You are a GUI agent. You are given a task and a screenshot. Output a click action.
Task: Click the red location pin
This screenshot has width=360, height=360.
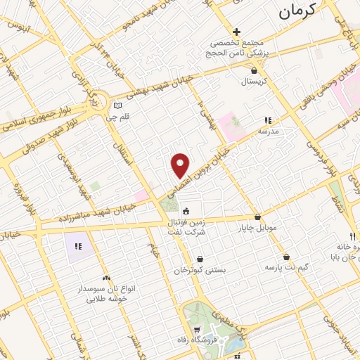181,165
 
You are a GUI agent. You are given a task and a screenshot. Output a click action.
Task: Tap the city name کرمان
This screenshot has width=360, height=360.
304,9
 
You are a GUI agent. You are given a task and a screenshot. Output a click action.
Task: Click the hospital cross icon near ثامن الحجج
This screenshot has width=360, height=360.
237,32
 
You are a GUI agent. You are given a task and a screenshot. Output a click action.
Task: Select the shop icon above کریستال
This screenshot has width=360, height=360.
254,70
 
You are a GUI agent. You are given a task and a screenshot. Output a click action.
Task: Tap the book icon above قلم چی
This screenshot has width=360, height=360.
117,107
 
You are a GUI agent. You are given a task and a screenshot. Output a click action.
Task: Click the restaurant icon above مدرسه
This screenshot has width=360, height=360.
268,120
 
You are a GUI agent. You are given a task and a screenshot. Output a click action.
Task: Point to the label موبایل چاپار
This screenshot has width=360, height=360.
262,228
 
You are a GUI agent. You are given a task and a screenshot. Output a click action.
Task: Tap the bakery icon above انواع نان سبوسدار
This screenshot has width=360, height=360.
106,278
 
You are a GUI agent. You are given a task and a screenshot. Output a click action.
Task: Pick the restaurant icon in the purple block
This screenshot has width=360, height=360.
78,246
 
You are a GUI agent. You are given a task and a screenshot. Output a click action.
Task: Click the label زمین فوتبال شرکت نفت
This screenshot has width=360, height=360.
186,226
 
